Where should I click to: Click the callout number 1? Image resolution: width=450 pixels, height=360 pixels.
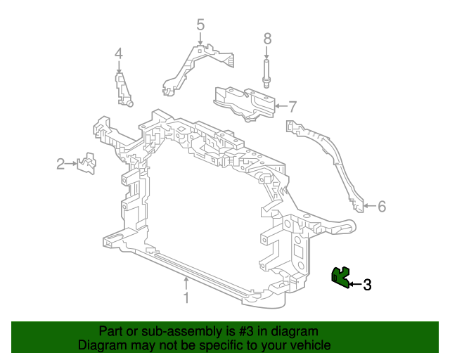click(x=186, y=298)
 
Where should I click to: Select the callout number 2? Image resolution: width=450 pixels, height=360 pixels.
click(x=60, y=165)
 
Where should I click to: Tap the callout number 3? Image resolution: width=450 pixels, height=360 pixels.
click(x=366, y=285)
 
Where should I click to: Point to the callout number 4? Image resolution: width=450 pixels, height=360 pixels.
click(x=119, y=53)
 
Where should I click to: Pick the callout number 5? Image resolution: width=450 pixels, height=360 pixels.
click(x=200, y=25)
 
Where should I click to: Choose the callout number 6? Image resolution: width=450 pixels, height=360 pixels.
click(x=382, y=206)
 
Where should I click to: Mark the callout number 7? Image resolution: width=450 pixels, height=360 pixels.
click(x=292, y=107)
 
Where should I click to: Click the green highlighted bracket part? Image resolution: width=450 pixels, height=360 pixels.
click(x=341, y=277)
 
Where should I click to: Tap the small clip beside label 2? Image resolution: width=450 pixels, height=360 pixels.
click(x=87, y=164)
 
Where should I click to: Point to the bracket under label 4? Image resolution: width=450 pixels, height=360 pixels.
click(x=123, y=87)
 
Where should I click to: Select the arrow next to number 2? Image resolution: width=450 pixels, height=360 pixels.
click(x=72, y=165)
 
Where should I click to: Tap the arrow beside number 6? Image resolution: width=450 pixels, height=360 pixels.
click(x=370, y=206)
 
